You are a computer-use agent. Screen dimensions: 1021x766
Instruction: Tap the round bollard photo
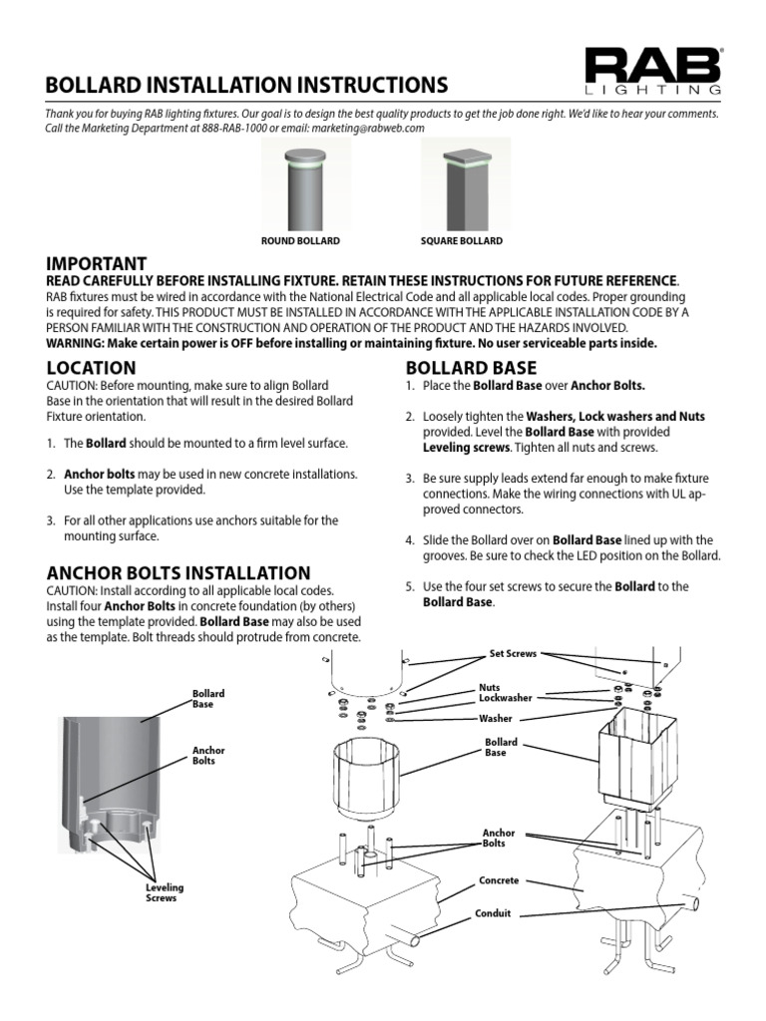point(300,184)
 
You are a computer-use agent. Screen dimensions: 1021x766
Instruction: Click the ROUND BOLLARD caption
point(300,241)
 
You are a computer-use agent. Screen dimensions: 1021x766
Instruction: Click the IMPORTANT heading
point(97,263)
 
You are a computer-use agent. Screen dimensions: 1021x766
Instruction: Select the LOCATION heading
point(91,368)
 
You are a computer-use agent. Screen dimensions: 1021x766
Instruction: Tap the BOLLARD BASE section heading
point(470,368)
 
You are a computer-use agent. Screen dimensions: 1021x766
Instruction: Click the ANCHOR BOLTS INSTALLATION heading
point(179,573)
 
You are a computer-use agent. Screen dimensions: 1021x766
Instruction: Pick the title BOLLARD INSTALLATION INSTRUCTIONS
point(246,85)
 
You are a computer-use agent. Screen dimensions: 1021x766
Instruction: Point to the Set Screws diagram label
point(513,654)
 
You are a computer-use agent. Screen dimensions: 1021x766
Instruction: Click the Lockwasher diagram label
point(505,699)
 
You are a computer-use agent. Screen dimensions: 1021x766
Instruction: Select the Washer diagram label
point(496,718)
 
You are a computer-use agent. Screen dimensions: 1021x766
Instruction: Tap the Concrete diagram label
point(499,881)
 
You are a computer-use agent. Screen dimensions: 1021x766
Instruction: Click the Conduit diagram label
point(493,913)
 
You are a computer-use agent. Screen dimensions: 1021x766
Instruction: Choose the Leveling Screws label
point(165,892)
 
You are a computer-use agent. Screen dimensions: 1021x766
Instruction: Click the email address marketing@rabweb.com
point(368,129)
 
